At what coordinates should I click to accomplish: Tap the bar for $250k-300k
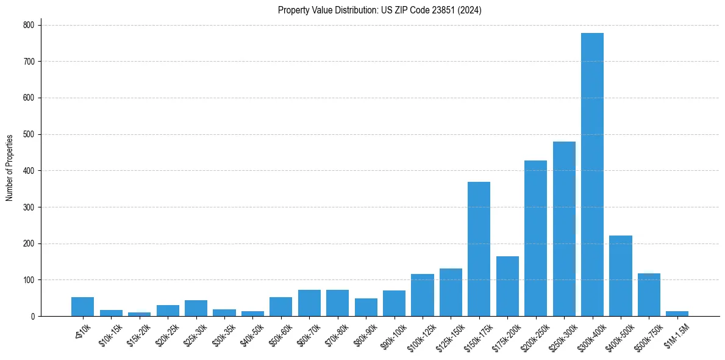tap(564, 229)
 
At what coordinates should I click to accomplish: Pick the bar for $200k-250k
tap(535, 238)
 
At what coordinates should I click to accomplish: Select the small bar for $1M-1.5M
tap(677, 314)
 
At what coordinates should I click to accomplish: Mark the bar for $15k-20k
tap(139, 314)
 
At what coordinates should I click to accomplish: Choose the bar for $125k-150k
tap(451, 292)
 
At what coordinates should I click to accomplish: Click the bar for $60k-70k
tap(309, 303)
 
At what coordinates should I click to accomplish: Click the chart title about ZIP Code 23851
tap(379, 10)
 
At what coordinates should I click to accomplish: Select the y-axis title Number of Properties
tap(10, 167)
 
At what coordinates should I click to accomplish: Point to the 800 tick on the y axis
tap(30, 25)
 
